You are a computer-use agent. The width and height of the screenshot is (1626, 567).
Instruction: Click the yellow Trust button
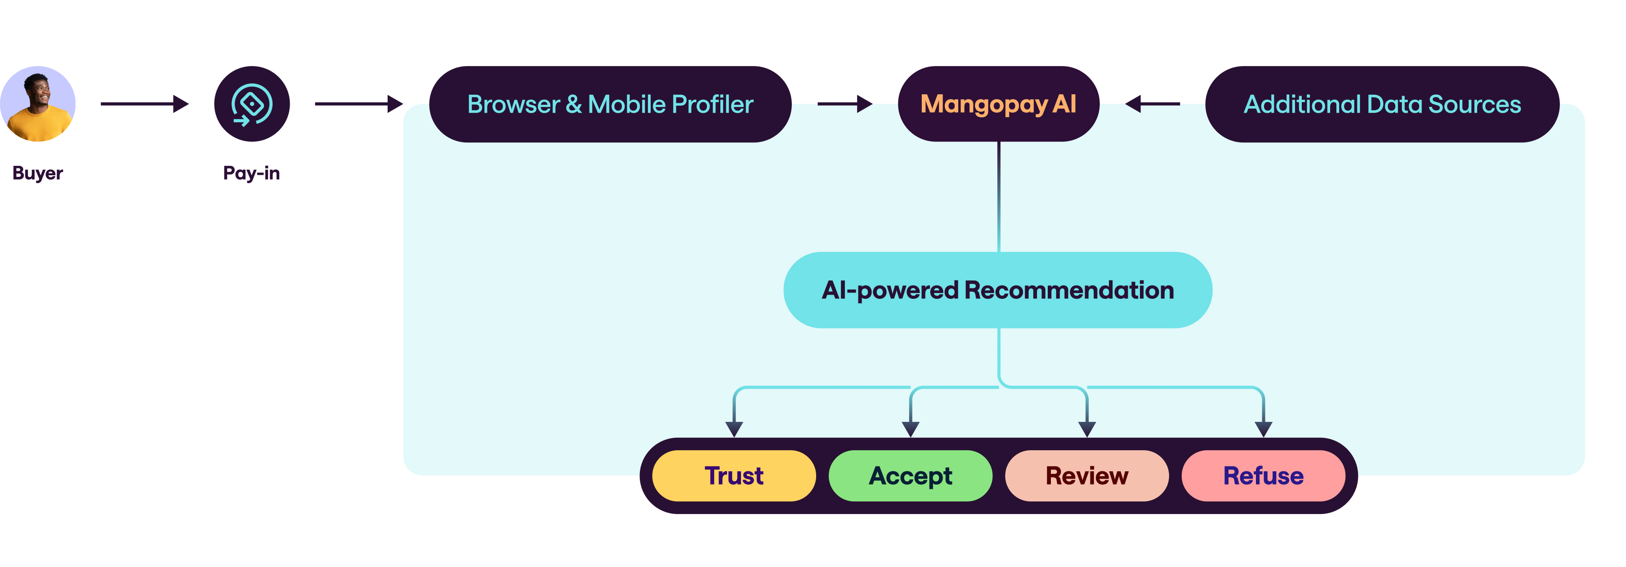click(x=733, y=475)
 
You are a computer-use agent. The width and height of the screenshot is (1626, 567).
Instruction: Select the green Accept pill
click(x=910, y=475)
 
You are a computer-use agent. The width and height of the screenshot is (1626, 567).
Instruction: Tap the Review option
click(x=1086, y=475)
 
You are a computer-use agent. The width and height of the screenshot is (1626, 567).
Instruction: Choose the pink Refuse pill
click(x=1263, y=475)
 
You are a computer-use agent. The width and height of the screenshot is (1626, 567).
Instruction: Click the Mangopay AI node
click(x=998, y=104)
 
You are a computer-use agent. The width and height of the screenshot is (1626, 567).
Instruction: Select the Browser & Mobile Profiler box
click(x=610, y=104)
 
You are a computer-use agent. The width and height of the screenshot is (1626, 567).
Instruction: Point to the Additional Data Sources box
click(x=1382, y=104)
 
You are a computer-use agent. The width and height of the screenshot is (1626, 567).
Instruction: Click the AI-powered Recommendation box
click(x=997, y=290)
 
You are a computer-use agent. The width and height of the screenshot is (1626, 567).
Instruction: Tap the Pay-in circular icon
click(x=252, y=104)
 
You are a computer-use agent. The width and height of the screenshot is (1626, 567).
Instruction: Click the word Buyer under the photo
click(x=37, y=173)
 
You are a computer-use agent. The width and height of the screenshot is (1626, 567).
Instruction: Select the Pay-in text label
click(x=251, y=173)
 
